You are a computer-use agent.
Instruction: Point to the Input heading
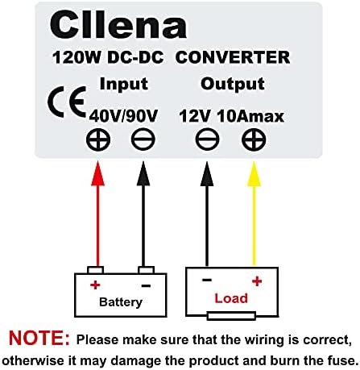click(123, 84)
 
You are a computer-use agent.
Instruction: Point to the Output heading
click(233, 84)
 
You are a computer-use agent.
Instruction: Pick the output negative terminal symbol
click(207, 141)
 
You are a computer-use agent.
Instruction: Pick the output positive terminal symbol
click(254, 141)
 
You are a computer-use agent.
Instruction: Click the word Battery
click(120, 302)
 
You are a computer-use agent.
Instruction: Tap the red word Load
click(231, 298)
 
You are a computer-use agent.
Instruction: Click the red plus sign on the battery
click(94, 284)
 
